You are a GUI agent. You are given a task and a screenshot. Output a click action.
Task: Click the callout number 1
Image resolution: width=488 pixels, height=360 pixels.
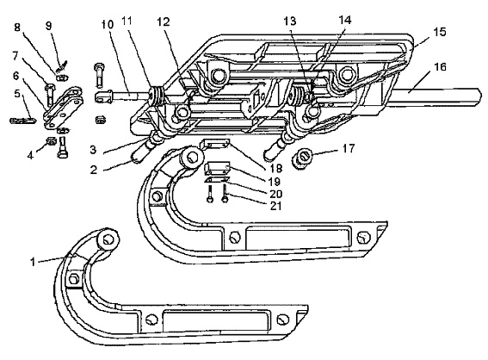click(33, 262)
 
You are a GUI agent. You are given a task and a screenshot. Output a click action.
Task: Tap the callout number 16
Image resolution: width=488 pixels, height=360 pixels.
click(440, 67)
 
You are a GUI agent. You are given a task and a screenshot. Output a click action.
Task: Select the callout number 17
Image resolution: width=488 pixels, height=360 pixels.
click(349, 148)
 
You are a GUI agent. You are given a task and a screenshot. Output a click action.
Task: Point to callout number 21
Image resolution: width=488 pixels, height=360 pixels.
click(275, 206)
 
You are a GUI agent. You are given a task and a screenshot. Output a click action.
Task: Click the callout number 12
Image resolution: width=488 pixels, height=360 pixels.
click(163, 22)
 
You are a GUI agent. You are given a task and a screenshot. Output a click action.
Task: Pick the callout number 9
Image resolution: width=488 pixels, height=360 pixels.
click(48, 26)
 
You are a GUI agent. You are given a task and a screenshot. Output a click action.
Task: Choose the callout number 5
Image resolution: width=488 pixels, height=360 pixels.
click(16, 93)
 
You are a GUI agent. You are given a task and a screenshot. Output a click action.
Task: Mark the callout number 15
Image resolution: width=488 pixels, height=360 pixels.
click(440, 32)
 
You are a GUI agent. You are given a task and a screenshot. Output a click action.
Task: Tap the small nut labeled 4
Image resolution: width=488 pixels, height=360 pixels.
click(51, 142)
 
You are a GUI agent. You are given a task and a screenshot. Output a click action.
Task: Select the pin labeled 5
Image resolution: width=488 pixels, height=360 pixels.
click(22, 121)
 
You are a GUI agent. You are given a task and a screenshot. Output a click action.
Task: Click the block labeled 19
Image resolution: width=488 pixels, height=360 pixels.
click(217, 168)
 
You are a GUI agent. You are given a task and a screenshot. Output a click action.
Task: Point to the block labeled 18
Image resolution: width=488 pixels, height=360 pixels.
click(215, 144)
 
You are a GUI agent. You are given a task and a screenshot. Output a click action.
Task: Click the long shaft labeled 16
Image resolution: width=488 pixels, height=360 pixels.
click(435, 96)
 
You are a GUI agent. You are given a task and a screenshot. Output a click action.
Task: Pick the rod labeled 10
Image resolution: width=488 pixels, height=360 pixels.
click(125, 95)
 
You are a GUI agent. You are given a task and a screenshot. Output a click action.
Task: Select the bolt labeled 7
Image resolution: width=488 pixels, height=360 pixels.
click(51, 95)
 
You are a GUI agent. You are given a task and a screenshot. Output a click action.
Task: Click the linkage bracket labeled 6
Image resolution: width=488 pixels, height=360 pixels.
click(63, 109)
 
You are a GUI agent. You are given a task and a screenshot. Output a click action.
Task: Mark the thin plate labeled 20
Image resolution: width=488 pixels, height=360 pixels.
click(217, 180)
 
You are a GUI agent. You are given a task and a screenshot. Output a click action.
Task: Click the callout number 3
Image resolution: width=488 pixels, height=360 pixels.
click(93, 150)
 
